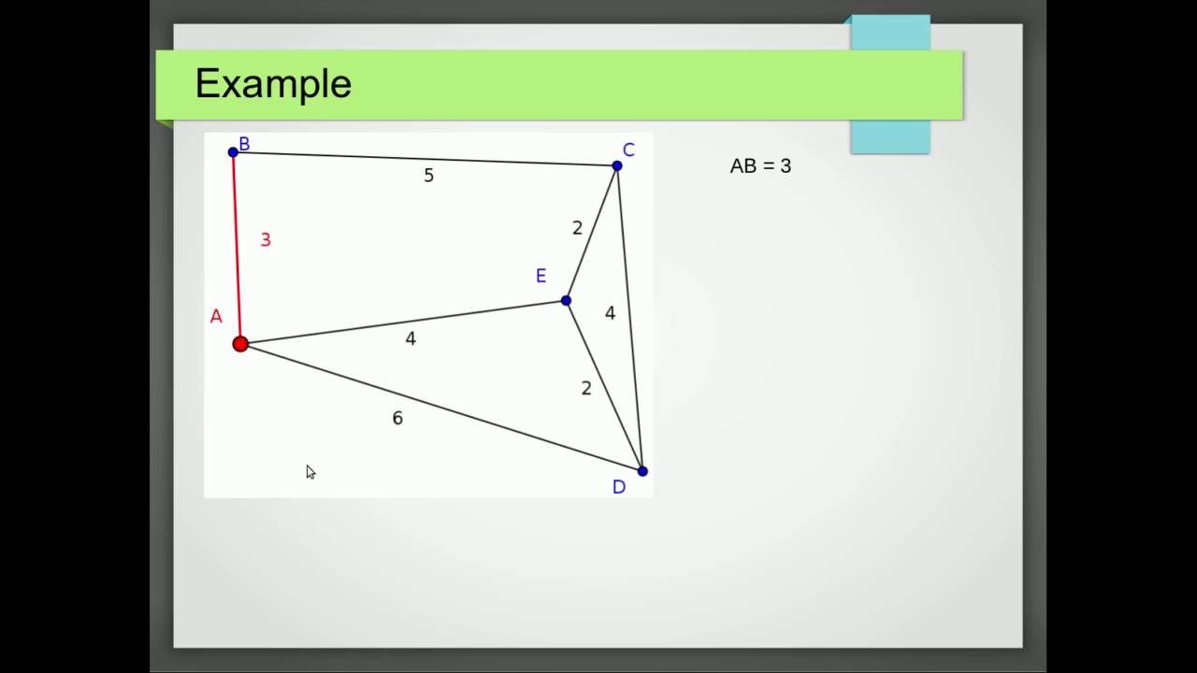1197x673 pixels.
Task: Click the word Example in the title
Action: tap(273, 84)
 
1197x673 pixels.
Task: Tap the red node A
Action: tap(240, 344)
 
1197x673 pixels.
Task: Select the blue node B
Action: tap(233, 152)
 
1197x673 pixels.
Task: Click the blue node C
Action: tap(617, 166)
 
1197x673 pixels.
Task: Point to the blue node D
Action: tap(642, 471)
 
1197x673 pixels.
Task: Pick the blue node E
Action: tap(566, 300)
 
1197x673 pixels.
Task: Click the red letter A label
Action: tap(216, 317)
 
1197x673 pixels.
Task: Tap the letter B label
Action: tap(244, 144)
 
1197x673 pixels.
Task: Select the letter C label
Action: tap(628, 150)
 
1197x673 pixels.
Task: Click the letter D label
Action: tap(619, 487)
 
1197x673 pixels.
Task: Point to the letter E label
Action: tap(541, 276)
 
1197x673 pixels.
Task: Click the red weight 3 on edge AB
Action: tap(266, 240)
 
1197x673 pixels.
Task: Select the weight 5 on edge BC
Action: tap(428, 176)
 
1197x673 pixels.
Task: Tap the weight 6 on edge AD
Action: tap(397, 419)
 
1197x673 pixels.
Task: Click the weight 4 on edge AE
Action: tap(411, 339)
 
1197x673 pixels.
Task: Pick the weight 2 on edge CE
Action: tap(577, 228)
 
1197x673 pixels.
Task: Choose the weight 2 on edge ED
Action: tap(586, 389)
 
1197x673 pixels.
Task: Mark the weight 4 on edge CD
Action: tap(610, 314)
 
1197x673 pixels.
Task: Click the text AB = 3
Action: tap(760, 166)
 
